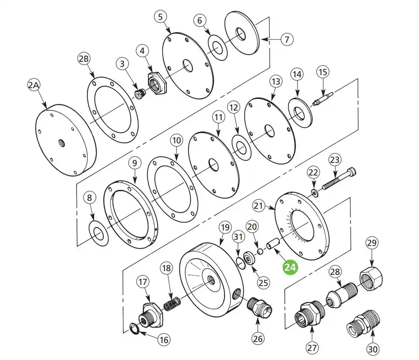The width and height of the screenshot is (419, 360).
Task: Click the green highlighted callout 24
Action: pos(290,267)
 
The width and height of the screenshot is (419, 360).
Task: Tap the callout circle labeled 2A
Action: pos(34,85)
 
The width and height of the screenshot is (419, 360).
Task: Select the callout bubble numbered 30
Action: pos(373,349)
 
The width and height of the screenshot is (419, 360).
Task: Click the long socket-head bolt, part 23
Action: pos(339,178)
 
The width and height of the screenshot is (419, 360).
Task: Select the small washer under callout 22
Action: pos(315,193)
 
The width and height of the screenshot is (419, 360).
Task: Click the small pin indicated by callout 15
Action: pos(323,99)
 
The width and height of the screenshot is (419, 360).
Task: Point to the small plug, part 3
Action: pos(140,93)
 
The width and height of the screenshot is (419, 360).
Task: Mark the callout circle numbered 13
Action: pos(275,81)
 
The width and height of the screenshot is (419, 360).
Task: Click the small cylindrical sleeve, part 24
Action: pos(273,244)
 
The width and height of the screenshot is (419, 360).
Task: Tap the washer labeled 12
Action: pos(241,148)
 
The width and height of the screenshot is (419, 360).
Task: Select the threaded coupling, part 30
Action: pos(363,324)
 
